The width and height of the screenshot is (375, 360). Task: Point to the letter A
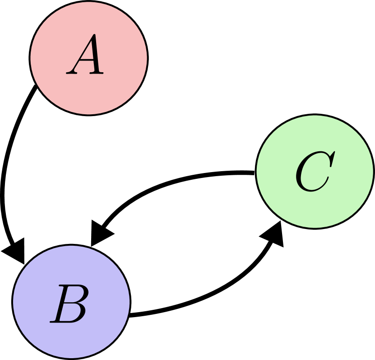[86, 56]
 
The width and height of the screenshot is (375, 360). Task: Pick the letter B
[69, 304]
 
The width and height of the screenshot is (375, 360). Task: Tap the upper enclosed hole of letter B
[74, 294]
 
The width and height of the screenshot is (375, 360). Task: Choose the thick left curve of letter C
[300, 174]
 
